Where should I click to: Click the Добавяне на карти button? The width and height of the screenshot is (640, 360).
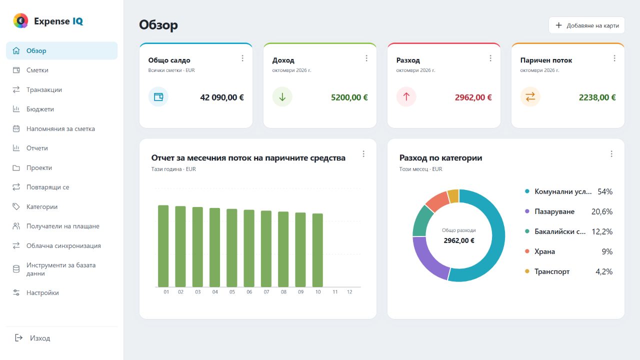coord(586,25)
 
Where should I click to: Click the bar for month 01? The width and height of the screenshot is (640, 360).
coord(163,246)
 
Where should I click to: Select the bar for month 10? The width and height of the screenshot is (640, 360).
coord(317,250)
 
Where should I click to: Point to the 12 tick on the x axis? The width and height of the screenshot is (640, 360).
coord(349,292)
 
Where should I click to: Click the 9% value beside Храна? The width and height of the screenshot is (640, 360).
coord(607,251)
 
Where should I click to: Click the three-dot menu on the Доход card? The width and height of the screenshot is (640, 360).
coord(366,58)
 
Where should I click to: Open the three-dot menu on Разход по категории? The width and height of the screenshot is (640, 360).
coord(611,154)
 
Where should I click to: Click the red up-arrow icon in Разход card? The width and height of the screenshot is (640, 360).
coord(406,97)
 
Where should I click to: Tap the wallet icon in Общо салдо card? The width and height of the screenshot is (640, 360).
coord(158,97)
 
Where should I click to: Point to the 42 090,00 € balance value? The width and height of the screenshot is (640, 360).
coord(222,97)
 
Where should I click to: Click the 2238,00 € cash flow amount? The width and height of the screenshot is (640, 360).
coord(597,97)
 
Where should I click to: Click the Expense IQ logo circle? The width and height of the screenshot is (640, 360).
coord(20,20)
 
